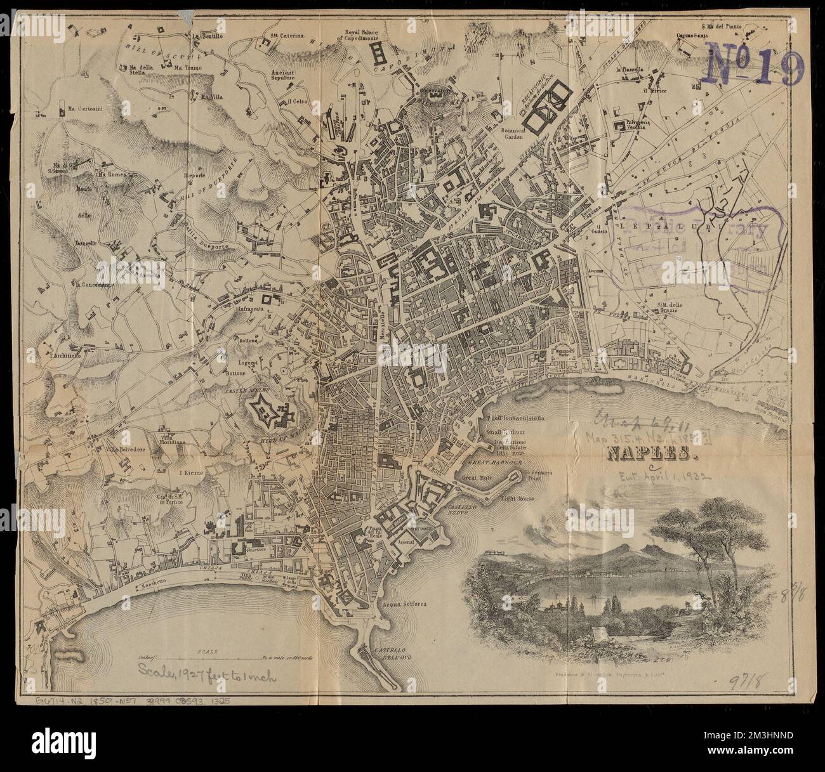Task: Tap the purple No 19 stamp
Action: [x=754, y=64]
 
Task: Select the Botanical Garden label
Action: [x=512, y=131]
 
